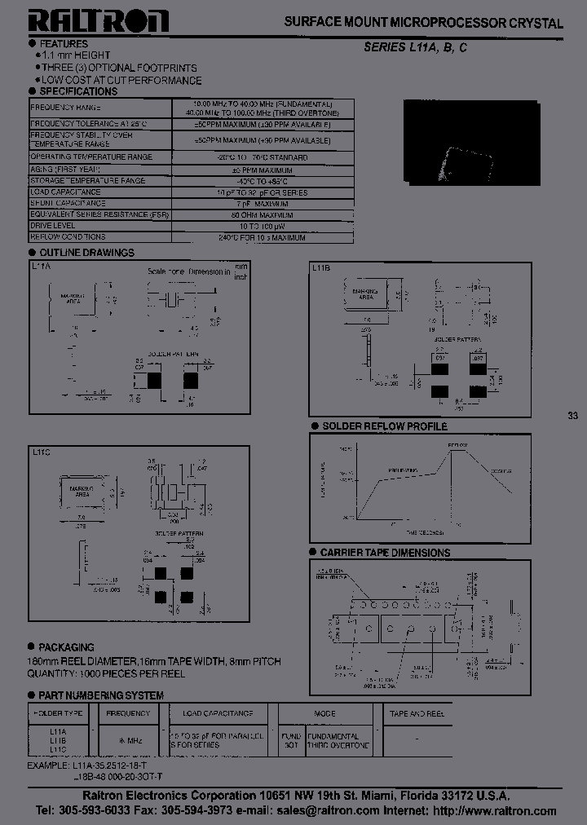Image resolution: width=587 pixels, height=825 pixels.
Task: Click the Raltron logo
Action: [99, 21]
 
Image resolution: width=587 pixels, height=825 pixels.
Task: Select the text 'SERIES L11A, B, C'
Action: [414, 48]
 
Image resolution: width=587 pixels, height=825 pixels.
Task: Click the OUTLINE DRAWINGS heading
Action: [86, 253]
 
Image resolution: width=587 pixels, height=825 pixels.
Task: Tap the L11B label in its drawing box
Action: [320, 267]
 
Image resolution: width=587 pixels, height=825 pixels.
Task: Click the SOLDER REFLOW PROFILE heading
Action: [384, 426]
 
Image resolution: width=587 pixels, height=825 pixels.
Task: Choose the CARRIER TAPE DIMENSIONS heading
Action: [385, 552]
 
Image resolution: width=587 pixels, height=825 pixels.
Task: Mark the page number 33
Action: [572, 416]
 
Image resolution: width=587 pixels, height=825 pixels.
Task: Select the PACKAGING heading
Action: [67, 647]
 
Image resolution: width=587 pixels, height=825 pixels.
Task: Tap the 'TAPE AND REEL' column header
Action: [417, 713]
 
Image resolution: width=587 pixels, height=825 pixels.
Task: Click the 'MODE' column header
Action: [324, 713]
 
